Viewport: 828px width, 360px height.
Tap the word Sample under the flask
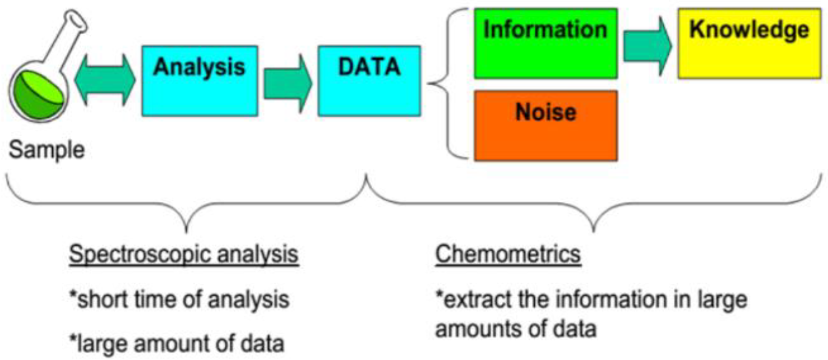[47, 151]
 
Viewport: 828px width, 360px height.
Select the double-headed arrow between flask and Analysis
[105, 81]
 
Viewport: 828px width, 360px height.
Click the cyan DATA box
[368, 81]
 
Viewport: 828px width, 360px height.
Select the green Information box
[545, 43]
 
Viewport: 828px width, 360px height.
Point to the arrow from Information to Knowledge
[647, 45]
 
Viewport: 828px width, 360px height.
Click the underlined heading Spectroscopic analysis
[183, 255]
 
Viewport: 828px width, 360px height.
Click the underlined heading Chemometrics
[508, 255]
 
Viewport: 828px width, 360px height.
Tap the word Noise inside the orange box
[545, 113]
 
